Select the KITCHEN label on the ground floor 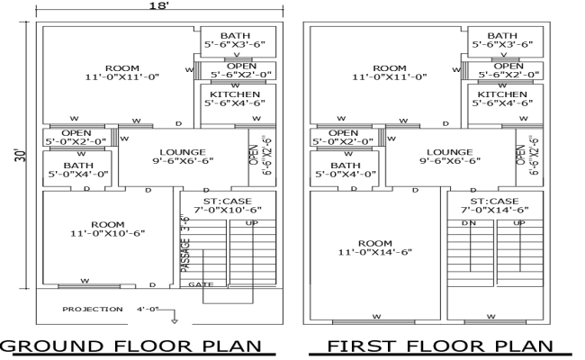[x=236, y=94]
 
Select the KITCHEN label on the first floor [x=502, y=94]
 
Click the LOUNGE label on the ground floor [x=183, y=152]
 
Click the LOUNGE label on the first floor [x=450, y=152]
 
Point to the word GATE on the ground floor [x=201, y=284]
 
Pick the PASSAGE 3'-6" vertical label [x=186, y=244]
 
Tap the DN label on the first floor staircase [x=467, y=222]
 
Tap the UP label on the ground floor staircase [x=252, y=222]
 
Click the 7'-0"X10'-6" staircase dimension [x=227, y=209]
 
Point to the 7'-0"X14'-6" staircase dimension [x=495, y=209]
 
